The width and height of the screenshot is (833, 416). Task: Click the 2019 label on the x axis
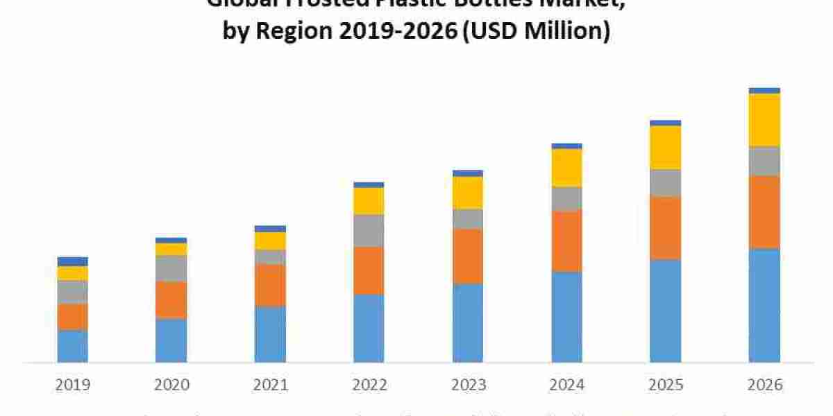tap(73, 384)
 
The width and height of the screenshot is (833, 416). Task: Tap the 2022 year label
tap(369, 384)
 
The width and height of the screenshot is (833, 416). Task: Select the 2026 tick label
tap(764, 384)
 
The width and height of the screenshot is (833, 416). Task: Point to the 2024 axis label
tap(567, 384)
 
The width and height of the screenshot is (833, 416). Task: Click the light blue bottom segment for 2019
tap(73, 346)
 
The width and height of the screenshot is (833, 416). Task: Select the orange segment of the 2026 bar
tap(764, 211)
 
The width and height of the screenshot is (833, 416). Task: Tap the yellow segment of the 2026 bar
tap(764, 119)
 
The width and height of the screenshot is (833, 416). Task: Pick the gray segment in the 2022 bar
tap(369, 230)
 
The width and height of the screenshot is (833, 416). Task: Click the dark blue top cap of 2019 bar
tap(73, 261)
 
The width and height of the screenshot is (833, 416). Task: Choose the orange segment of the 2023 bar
tap(468, 256)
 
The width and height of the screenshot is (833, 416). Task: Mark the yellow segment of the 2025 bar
tap(666, 147)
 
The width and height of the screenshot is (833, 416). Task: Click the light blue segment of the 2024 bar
tap(567, 316)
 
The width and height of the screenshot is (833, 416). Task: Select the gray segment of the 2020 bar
tap(171, 268)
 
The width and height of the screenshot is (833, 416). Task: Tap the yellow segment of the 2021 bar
tap(270, 241)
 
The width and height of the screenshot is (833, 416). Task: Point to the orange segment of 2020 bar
tap(171, 300)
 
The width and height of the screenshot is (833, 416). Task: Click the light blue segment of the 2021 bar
tap(270, 333)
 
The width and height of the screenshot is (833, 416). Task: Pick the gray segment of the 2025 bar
tap(666, 182)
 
